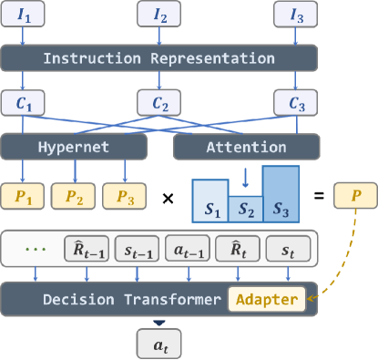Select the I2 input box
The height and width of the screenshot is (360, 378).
tap(159, 15)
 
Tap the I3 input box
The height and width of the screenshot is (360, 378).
tap(296, 15)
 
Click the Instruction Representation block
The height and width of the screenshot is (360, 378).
tap(159, 58)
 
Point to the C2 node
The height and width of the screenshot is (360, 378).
tap(159, 102)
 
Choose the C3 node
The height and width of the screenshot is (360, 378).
tap(296, 102)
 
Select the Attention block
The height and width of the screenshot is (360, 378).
tap(247, 147)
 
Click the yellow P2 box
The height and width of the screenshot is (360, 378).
tap(74, 194)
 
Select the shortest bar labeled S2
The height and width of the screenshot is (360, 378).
tap(245, 210)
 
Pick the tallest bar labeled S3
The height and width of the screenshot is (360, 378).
tap(280, 196)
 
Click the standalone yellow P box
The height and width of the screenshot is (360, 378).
tap(353, 194)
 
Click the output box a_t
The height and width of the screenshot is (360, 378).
tap(159, 343)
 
